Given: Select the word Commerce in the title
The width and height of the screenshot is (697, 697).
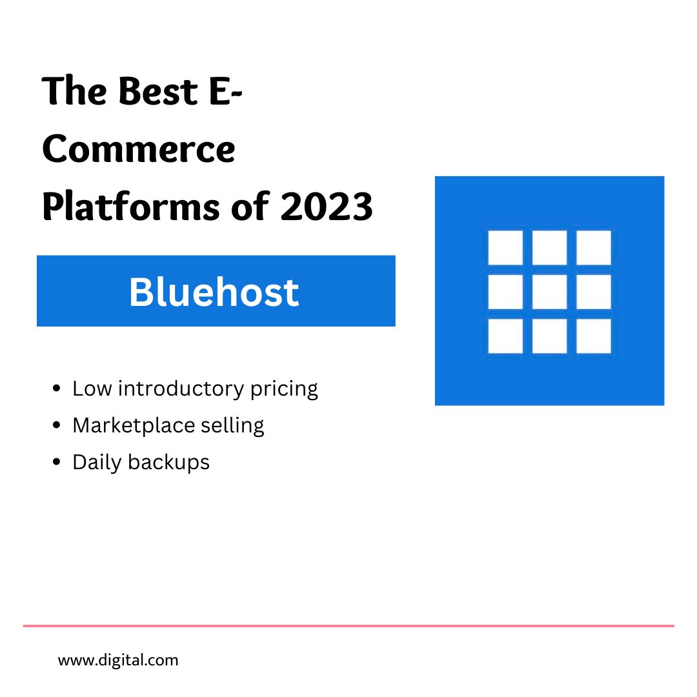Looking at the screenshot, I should [139, 149].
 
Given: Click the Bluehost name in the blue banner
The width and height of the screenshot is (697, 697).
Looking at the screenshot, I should [214, 292].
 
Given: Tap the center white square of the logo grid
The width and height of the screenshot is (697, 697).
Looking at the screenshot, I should [549, 292].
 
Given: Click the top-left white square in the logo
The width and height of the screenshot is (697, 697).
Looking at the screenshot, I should [505, 248].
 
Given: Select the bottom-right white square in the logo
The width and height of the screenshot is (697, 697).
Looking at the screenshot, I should [593, 336].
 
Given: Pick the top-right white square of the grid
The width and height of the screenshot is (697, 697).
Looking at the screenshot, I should [593, 248].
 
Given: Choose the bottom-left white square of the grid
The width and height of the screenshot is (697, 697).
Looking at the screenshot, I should [505, 336].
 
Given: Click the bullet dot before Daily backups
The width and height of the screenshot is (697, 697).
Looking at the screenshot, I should [57, 463].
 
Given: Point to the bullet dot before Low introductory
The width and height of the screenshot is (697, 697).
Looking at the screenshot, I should [57, 389].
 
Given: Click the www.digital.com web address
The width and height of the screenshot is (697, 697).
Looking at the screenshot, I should [118, 660].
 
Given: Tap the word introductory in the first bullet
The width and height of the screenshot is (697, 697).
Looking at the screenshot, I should [181, 389].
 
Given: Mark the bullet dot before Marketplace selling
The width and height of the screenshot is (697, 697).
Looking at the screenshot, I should [57, 426].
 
